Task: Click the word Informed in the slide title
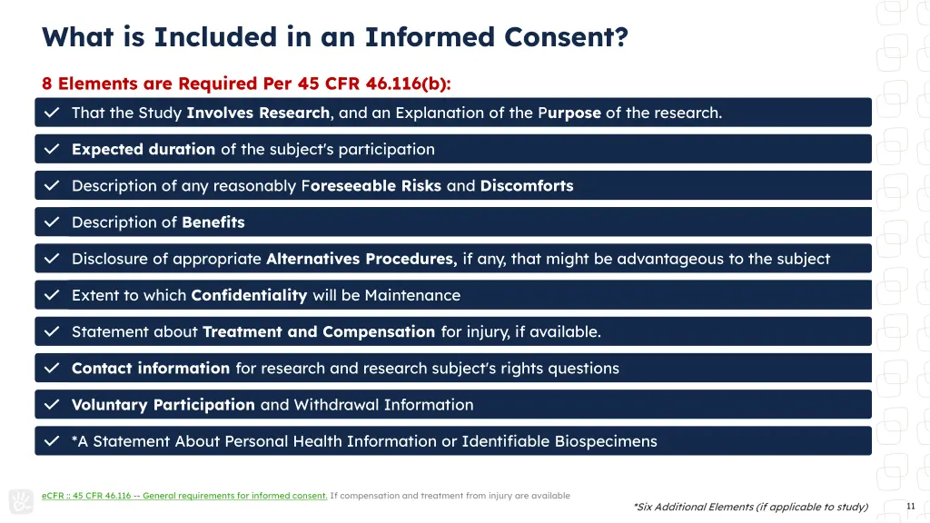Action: [x=430, y=37]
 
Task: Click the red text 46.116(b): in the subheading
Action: [x=409, y=84]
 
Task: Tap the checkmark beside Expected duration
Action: [x=53, y=149]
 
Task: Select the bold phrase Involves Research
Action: [x=259, y=113]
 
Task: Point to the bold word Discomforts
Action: [x=527, y=185]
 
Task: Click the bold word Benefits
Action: [x=213, y=222]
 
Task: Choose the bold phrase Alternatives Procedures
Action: [x=361, y=259]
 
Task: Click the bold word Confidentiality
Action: [x=249, y=295]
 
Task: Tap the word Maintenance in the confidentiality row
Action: [x=412, y=295]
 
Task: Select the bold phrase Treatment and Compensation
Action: [x=319, y=331]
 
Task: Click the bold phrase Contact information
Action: [x=151, y=368]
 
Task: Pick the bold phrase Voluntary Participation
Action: [x=163, y=405]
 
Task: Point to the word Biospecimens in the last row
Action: [x=607, y=441]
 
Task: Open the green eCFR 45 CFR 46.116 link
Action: [x=184, y=496]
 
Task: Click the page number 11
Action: [x=910, y=506]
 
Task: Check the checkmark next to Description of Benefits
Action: [x=53, y=222]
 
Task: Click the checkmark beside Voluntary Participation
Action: [x=53, y=405]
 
